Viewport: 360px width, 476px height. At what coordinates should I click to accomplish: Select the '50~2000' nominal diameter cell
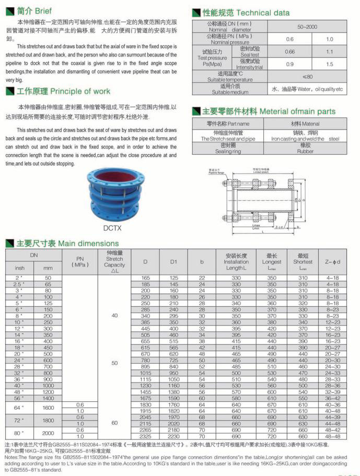[x=307, y=26]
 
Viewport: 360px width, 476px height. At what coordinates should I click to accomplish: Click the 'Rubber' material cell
[x=306, y=148]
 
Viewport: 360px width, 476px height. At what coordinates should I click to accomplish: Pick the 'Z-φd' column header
[x=332, y=261]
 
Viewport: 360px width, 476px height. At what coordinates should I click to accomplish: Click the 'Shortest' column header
[x=303, y=261]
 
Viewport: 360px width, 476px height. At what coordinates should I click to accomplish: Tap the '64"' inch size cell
[x=19, y=407]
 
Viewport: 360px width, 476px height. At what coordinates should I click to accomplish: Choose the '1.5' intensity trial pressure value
[x=329, y=64]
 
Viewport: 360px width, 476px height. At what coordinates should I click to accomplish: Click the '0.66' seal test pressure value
[x=289, y=52]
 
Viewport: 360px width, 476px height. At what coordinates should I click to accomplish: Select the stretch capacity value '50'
[x=114, y=362]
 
